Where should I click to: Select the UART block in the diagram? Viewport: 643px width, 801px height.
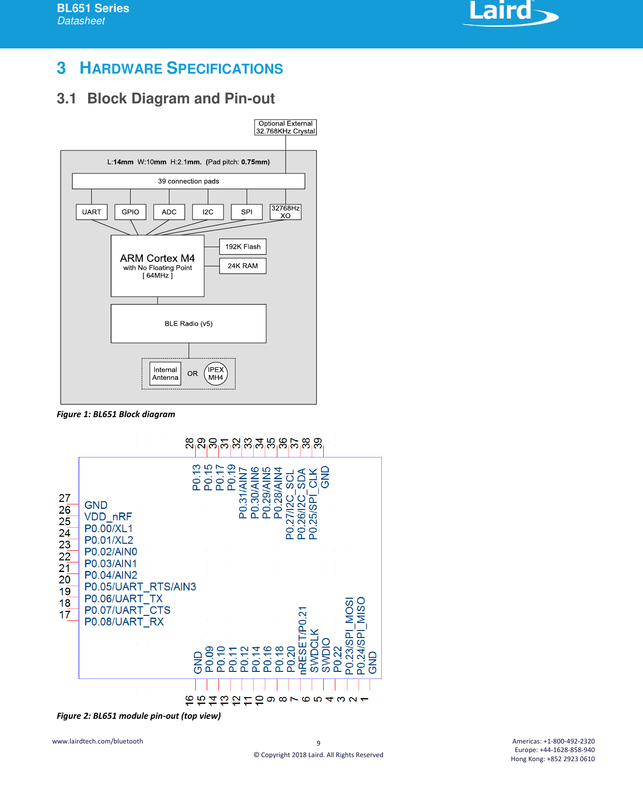[92, 212]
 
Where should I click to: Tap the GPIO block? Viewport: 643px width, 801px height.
[130, 212]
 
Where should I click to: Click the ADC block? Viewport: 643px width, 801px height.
[169, 212]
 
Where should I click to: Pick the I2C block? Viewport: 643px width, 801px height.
[208, 212]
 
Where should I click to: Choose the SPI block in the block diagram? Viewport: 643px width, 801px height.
[247, 212]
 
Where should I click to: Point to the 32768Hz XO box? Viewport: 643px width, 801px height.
[285, 212]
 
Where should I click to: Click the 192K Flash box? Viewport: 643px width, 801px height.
[243, 247]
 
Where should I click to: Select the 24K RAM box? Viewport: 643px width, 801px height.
[243, 266]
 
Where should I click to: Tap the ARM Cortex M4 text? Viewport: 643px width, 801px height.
[157, 258]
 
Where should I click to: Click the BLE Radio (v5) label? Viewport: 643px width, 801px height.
[189, 324]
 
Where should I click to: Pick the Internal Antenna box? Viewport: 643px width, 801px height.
[165, 374]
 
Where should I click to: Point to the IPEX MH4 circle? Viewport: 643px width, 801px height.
[216, 374]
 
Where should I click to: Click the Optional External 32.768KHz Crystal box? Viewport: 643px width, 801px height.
[285, 127]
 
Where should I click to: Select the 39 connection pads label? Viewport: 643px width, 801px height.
[189, 181]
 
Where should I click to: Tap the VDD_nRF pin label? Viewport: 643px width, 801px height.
[108, 517]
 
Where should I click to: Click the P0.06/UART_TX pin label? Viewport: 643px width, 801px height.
[124, 598]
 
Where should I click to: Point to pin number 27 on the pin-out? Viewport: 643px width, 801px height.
[65, 498]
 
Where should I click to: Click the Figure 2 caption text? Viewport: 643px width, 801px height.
[139, 716]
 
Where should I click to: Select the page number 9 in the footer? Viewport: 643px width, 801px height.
[318, 743]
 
